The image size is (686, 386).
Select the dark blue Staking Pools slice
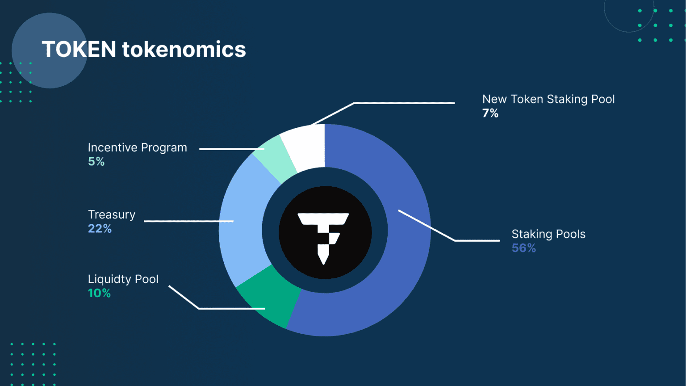(397, 250)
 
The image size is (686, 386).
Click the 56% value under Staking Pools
(523, 248)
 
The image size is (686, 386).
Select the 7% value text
(490, 113)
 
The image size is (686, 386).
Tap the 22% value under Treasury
(100, 229)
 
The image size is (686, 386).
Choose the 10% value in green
(99, 293)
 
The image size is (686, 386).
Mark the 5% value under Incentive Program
(96, 161)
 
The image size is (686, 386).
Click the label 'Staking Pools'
(548, 234)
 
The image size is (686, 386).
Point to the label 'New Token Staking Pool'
(548, 99)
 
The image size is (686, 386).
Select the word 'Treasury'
(111, 215)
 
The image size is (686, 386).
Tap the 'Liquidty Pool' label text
(123, 279)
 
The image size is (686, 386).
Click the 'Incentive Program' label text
(137, 147)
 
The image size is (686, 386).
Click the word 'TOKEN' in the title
(79, 49)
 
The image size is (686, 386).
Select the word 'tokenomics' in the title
(184, 49)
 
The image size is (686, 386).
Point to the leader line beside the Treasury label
(188, 221)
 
